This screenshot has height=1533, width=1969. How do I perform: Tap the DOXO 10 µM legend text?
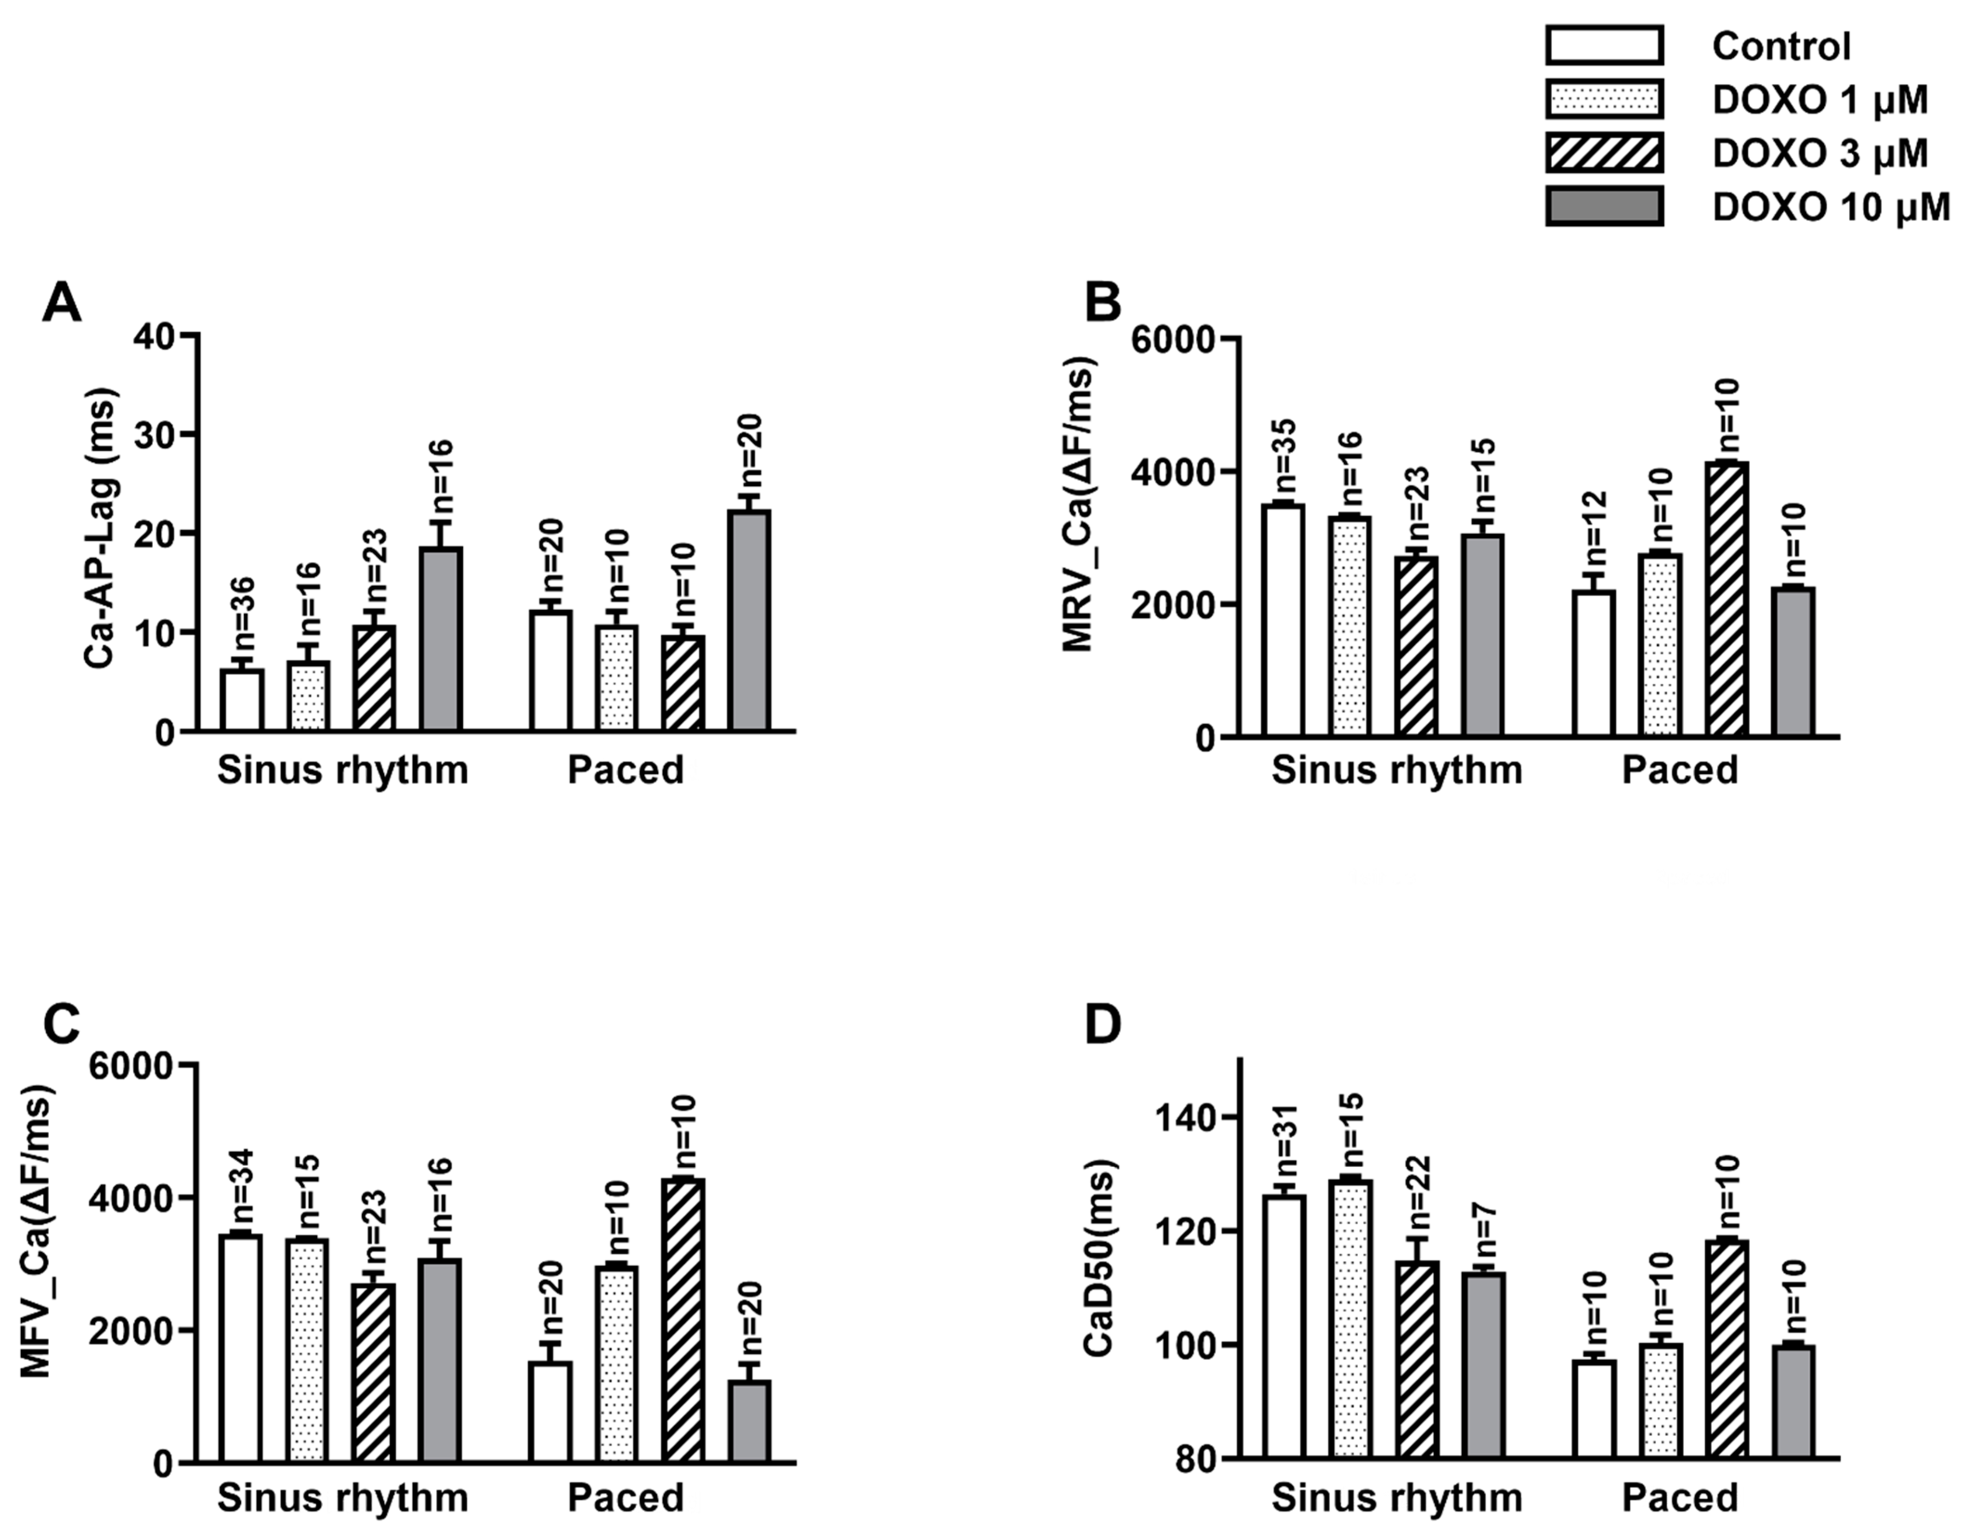(x=1830, y=207)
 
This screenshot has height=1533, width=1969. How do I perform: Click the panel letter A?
(x=61, y=305)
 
